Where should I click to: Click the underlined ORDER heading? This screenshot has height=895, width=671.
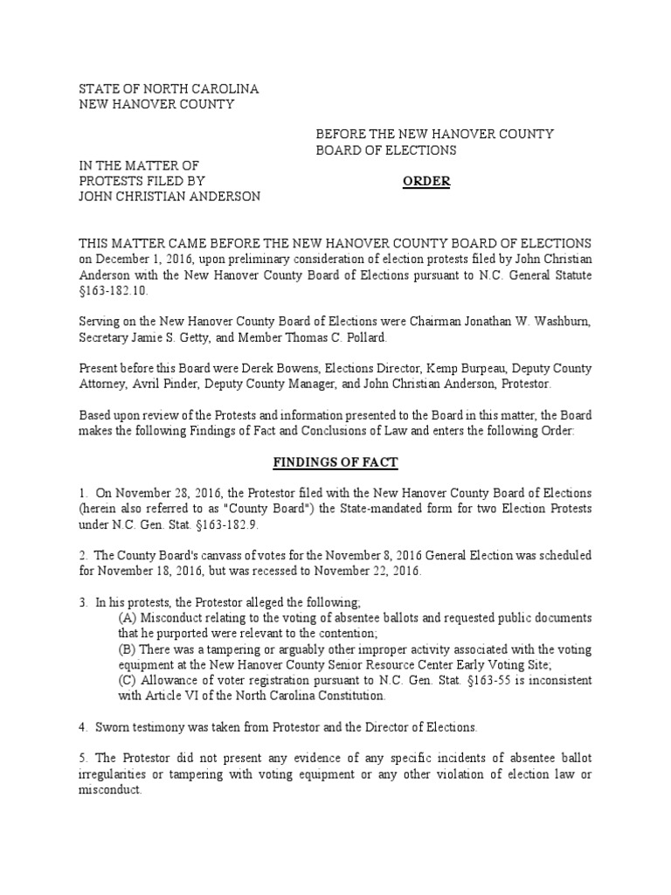[426, 181]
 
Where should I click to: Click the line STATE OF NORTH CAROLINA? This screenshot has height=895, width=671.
[169, 90]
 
